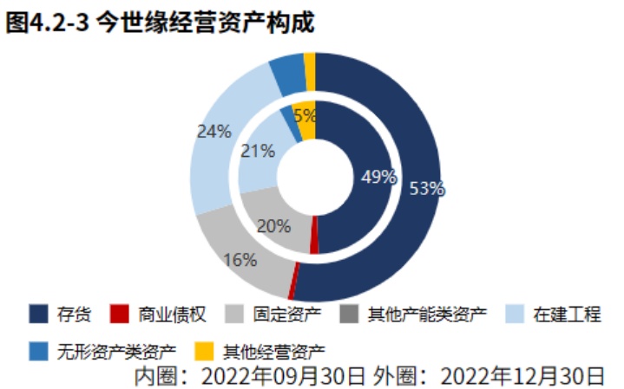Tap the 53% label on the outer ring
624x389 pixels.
pos(427,188)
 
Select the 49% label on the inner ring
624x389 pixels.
pos(378,178)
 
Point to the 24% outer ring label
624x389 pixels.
pos(213,132)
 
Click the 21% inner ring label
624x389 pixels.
pos(258,151)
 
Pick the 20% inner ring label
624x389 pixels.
pos(273,226)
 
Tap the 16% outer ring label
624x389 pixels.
pos(240,259)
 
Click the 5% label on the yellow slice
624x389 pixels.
pos(305,115)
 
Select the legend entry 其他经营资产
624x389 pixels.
pos(274,352)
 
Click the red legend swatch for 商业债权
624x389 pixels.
pos(122,314)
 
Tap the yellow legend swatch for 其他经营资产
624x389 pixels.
pos(204,352)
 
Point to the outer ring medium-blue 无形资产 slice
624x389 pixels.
pos(287,75)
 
